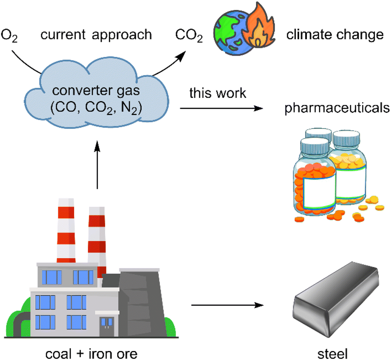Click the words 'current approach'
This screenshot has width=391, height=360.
96,34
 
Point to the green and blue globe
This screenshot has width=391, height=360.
228,33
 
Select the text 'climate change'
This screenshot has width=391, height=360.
335,34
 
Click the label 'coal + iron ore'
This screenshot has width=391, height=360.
91,354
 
